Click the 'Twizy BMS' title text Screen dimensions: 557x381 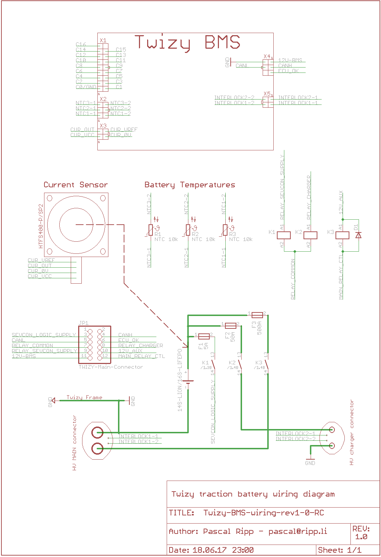(187, 43)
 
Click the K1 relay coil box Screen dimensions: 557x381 (284, 235)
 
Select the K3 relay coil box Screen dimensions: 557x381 (342, 235)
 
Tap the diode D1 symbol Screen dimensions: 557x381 (359, 235)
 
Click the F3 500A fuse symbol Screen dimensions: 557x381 (257, 315)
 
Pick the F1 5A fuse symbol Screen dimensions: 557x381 (204, 336)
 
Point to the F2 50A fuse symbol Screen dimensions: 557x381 (231, 326)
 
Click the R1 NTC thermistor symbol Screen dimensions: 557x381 (151, 230)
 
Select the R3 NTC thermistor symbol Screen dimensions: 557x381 (225, 230)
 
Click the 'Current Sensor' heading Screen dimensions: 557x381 (76, 185)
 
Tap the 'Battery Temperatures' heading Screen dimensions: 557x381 (190, 185)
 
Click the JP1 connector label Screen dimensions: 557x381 (84, 323)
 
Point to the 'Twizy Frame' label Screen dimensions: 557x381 (84, 397)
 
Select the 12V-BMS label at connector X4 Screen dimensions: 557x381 (290, 60)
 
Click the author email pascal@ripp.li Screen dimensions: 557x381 (297, 531)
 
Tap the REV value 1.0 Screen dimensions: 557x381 (361, 537)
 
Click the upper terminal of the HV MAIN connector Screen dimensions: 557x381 (97, 432)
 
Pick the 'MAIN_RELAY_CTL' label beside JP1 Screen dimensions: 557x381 (141, 356)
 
